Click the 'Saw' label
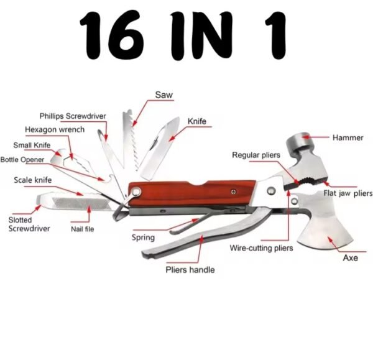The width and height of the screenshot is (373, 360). pyautogui.click(x=163, y=95)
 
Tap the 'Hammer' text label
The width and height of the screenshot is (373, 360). pyautogui.click(x=348, y=137)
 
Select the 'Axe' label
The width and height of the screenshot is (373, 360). pyautogui.click(x=351, y=257)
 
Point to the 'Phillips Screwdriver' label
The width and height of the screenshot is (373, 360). pyautogui.click(x=73, y=116)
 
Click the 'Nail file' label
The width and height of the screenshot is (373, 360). pyautogui.click(x=83, y=229)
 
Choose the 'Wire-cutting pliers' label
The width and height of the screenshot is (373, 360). pyautogui.click(x=261, y=248)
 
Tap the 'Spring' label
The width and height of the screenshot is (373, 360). pyautogui.click(x=143, y=238)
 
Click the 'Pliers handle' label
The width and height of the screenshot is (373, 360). pyautogui.click(x=190, y=270)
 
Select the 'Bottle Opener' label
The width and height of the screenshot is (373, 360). pyautogui.click(x=22, y=159)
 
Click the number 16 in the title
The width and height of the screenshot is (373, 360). pyautogui.click(x=112, y=35)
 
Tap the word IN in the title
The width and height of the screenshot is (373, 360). pyautogui.click(x=201, y=35)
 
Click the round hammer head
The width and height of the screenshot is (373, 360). pyautogui.click(x=298, y=143)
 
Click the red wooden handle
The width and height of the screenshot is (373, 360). pyautogui.click(x=191, y=192)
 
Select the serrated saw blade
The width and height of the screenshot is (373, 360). pyautogui.click(x=131, y=139)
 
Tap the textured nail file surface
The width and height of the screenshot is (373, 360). pyautogui.click(x=80, y=204)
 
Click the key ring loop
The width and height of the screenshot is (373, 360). pyautogui.click(x=121, y=211)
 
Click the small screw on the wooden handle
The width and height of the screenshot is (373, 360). pyautogui.click(x=234, y=192)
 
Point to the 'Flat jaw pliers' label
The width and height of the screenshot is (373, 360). pyautogui.click(x=348, y=193)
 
